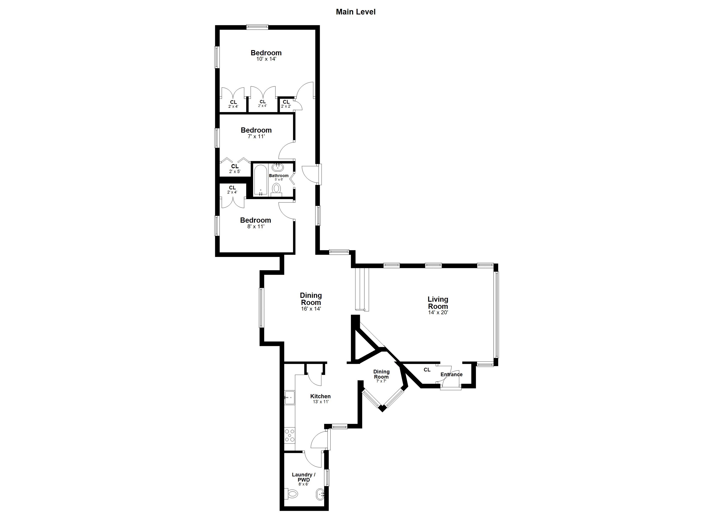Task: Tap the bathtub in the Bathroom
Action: coord(261,180)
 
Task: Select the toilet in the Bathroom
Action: coord(277,190)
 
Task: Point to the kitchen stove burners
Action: coord(290,435)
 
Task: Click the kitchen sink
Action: coord(290,398)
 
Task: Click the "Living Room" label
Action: coord(438,303)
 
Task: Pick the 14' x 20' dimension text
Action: coord(438,312)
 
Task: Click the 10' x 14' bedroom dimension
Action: coord(266,59)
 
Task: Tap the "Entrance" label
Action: coord(451,374)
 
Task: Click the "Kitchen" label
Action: coord(320,396)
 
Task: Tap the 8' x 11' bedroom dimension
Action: coord(256,227)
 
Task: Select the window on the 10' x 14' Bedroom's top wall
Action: coord(257,27)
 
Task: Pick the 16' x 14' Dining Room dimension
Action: coord(311,309)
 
